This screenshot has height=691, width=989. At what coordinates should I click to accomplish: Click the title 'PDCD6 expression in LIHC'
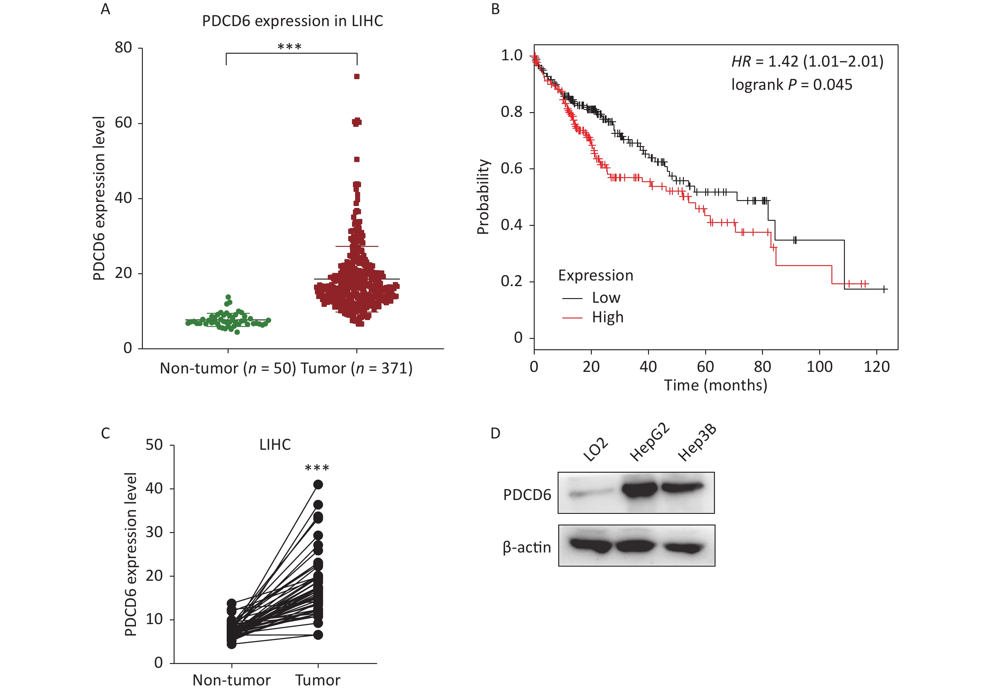tap(293, 21)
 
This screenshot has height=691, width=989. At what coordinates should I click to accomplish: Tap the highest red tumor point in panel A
tap(357, 77)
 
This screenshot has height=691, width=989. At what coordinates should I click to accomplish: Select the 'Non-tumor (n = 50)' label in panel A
tap(228, 368)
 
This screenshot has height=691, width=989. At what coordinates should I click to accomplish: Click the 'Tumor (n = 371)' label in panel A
tap(357, 368)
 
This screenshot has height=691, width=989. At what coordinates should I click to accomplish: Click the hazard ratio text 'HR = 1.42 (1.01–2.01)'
tap(807, 62)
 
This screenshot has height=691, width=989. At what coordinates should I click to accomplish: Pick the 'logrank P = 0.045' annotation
tap(792, 85)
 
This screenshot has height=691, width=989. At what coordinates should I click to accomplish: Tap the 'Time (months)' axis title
tap(716, 385)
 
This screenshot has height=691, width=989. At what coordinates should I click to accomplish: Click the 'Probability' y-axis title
tap(483, 196)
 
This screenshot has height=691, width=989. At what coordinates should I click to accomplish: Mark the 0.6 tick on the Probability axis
tap(512, 168)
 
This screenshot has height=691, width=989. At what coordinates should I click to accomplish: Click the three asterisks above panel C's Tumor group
tap(317, 468)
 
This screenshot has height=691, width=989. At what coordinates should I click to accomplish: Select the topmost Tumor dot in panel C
tap(318, 485)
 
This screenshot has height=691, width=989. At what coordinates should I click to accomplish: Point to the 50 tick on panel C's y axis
tap(154, 445)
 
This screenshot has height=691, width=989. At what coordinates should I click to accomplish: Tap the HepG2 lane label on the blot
tap(649, 443)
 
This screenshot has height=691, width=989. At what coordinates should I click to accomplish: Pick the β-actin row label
tap(527, 547)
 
